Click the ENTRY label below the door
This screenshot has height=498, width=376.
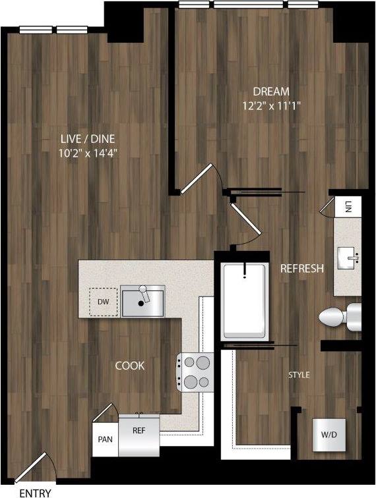pyautogui.click(x=35, y=491)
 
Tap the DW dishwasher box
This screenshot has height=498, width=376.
pyautogui.click(x=103, y=302)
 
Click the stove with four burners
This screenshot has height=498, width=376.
pyautogui.click(x=196, y=372)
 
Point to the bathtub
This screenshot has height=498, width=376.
pyautogui.click(x=244, y=300)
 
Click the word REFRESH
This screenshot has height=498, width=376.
pyautogui.click(x=301, y=268)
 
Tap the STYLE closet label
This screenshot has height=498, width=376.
pyautogui.click(x=299, y=375)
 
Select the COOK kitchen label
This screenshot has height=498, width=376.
pyautogui.click(x=129, y=366)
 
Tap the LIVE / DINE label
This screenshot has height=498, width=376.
pyautogui.click(x=92, y=139)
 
